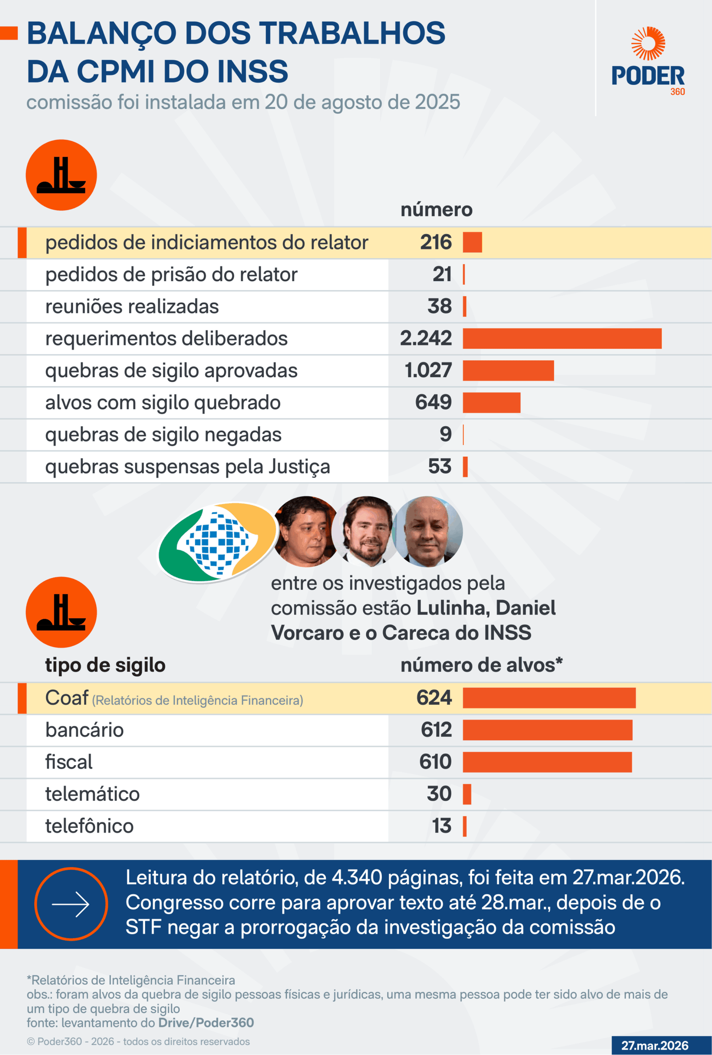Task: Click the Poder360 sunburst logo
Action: [648, 44]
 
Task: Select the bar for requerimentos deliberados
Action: [562, 338]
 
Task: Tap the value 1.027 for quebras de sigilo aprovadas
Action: [428, 370]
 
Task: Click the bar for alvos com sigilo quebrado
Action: [491, 403]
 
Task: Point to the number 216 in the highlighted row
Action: [436, 242]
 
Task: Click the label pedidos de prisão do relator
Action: [171, 274]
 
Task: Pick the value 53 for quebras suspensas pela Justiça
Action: [440, 467]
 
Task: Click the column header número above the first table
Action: [436, 209]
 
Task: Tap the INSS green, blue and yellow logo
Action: [217, 542]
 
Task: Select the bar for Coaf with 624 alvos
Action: [549, 698]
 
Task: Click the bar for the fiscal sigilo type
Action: [547, 762]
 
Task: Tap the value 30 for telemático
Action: [439, 793]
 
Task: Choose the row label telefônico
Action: [89, 826]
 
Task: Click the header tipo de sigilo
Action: [105, 665]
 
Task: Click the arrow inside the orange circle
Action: [71, 904]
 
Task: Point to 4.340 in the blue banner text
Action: [356, 878]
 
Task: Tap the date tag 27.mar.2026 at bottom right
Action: [654, 1046]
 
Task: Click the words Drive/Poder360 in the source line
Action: [206, 1023]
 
